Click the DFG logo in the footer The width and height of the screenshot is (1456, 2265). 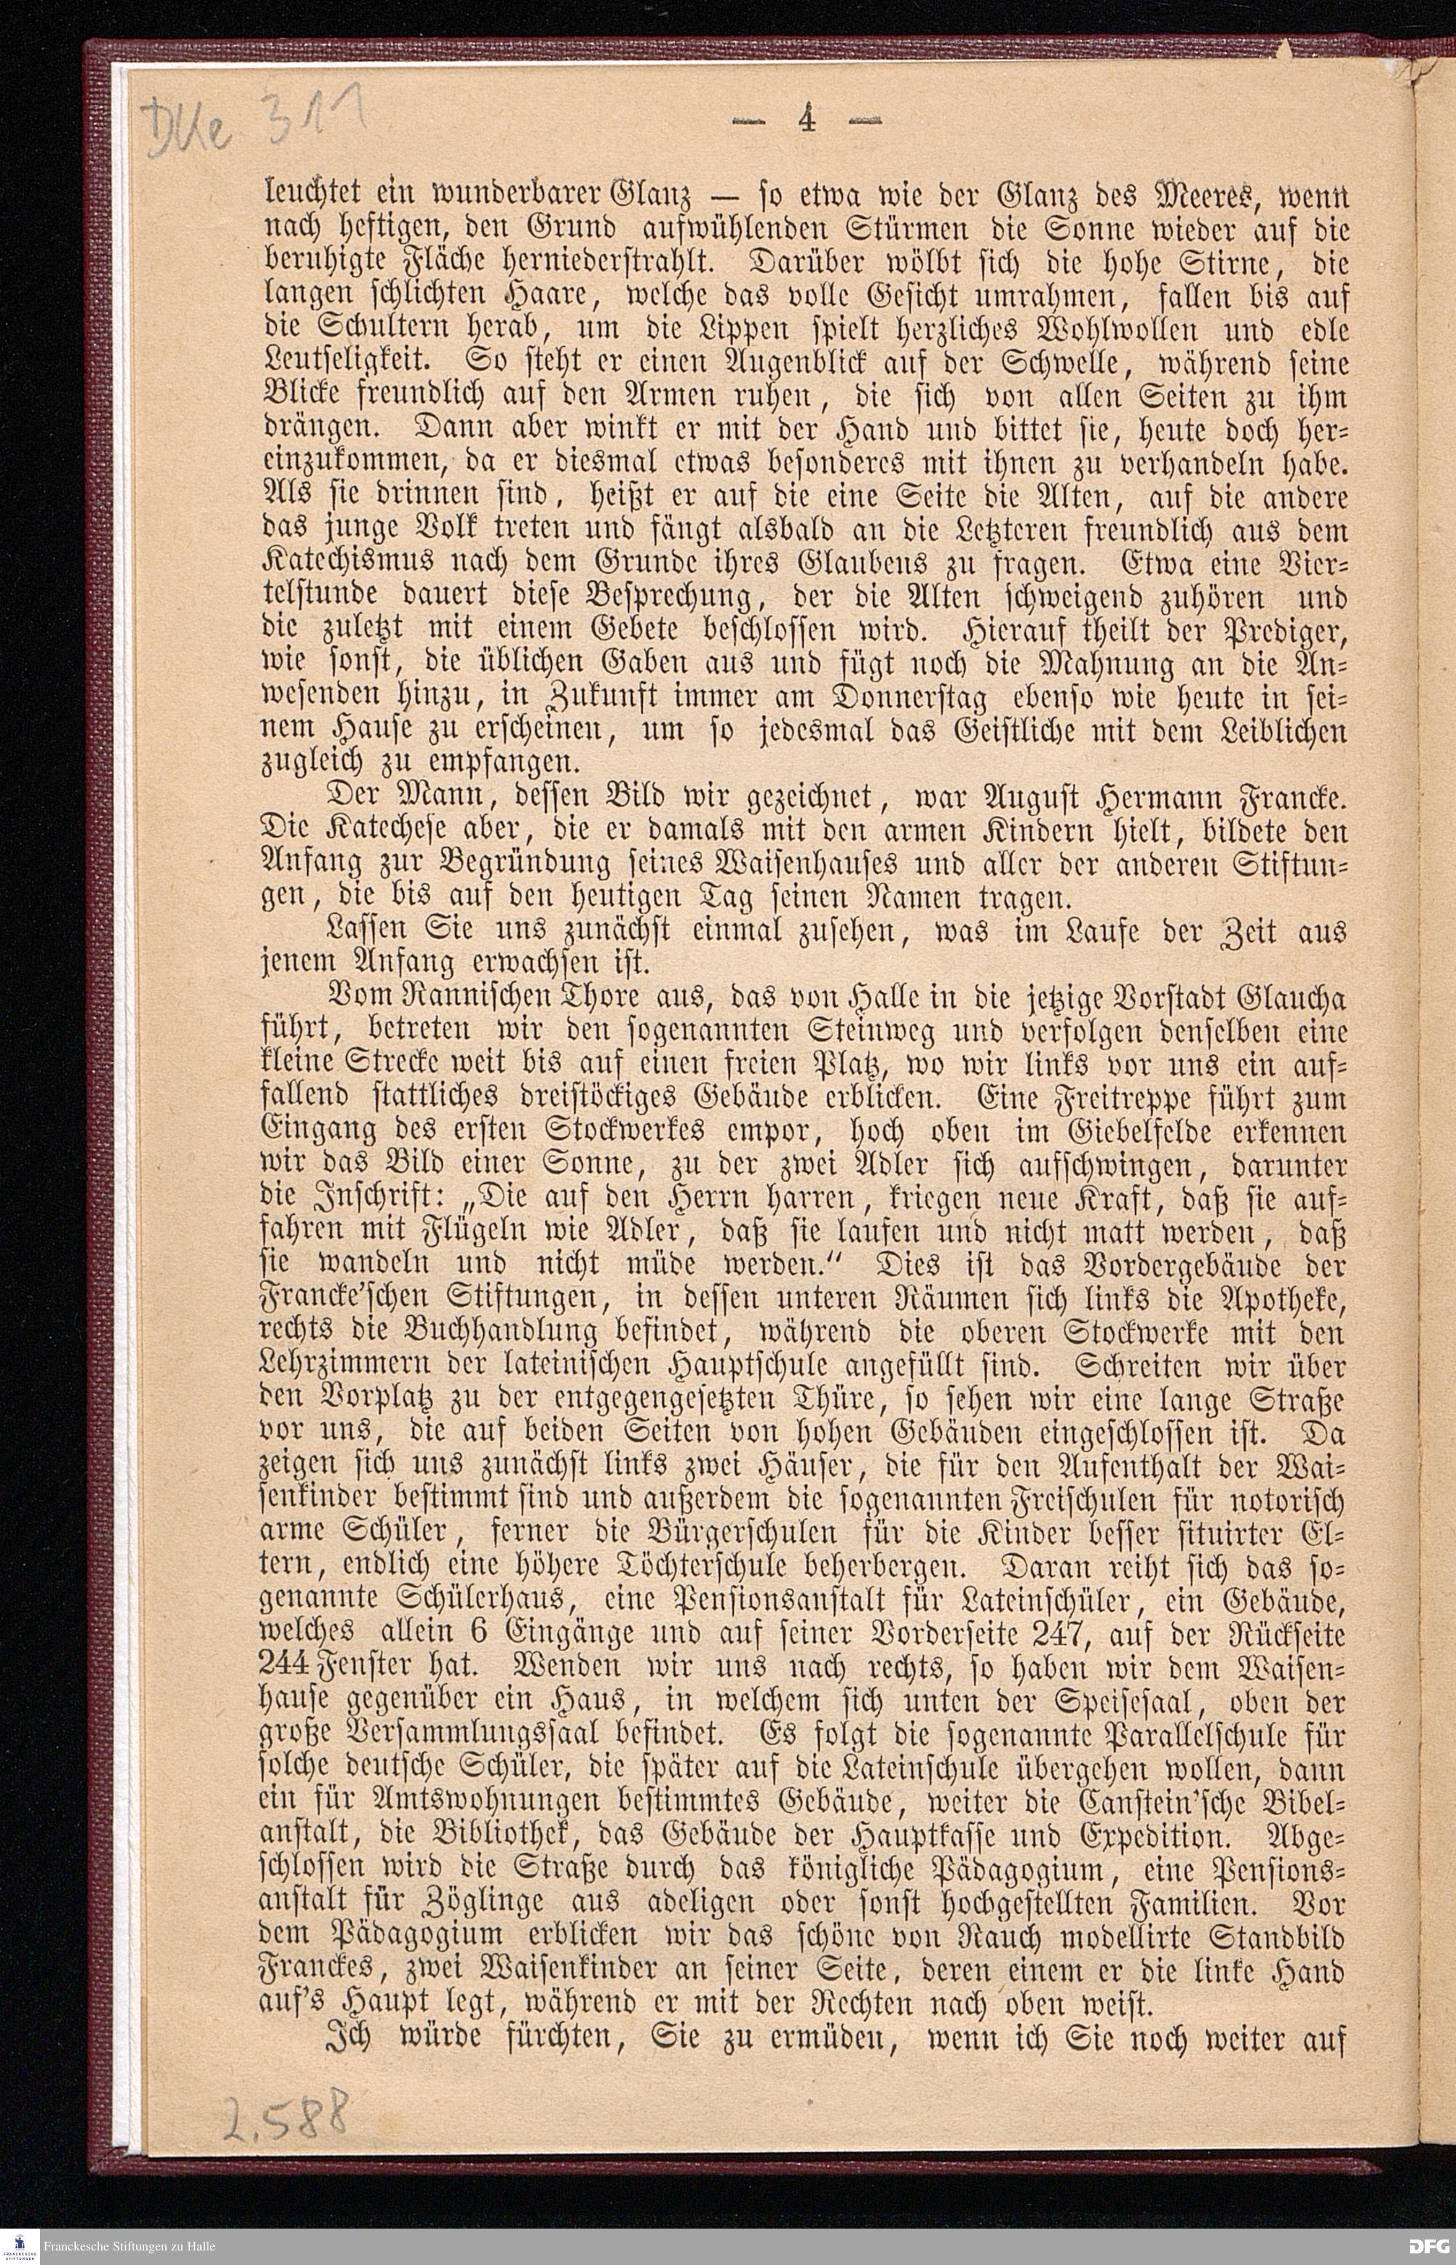[1428, 2244]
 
